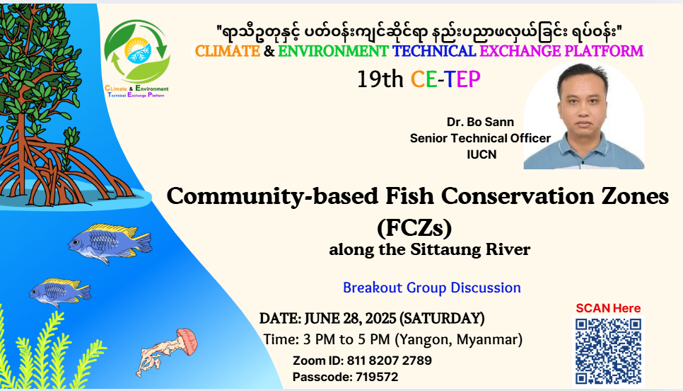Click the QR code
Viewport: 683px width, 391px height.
coord(608,351)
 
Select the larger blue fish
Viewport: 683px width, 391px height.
coord(110,243)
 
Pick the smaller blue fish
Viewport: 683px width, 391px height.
coord(60,292)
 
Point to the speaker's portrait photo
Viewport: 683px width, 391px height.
coord(584,116)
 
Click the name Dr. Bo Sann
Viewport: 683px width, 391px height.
coord(480,122)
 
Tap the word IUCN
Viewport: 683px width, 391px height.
coord(481,154)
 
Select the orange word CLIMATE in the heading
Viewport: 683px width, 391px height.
coord(228,51)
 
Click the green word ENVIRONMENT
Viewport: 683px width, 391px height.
coord(333,51)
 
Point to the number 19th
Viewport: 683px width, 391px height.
coord(380,79)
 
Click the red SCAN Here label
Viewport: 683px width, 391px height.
coord(608,308)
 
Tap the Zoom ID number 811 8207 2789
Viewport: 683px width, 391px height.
coord(390,361)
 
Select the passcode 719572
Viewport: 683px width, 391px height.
coord(377,377)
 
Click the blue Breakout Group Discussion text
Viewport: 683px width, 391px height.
coord(432,288)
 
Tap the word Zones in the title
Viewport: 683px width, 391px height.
coord(635,196)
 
